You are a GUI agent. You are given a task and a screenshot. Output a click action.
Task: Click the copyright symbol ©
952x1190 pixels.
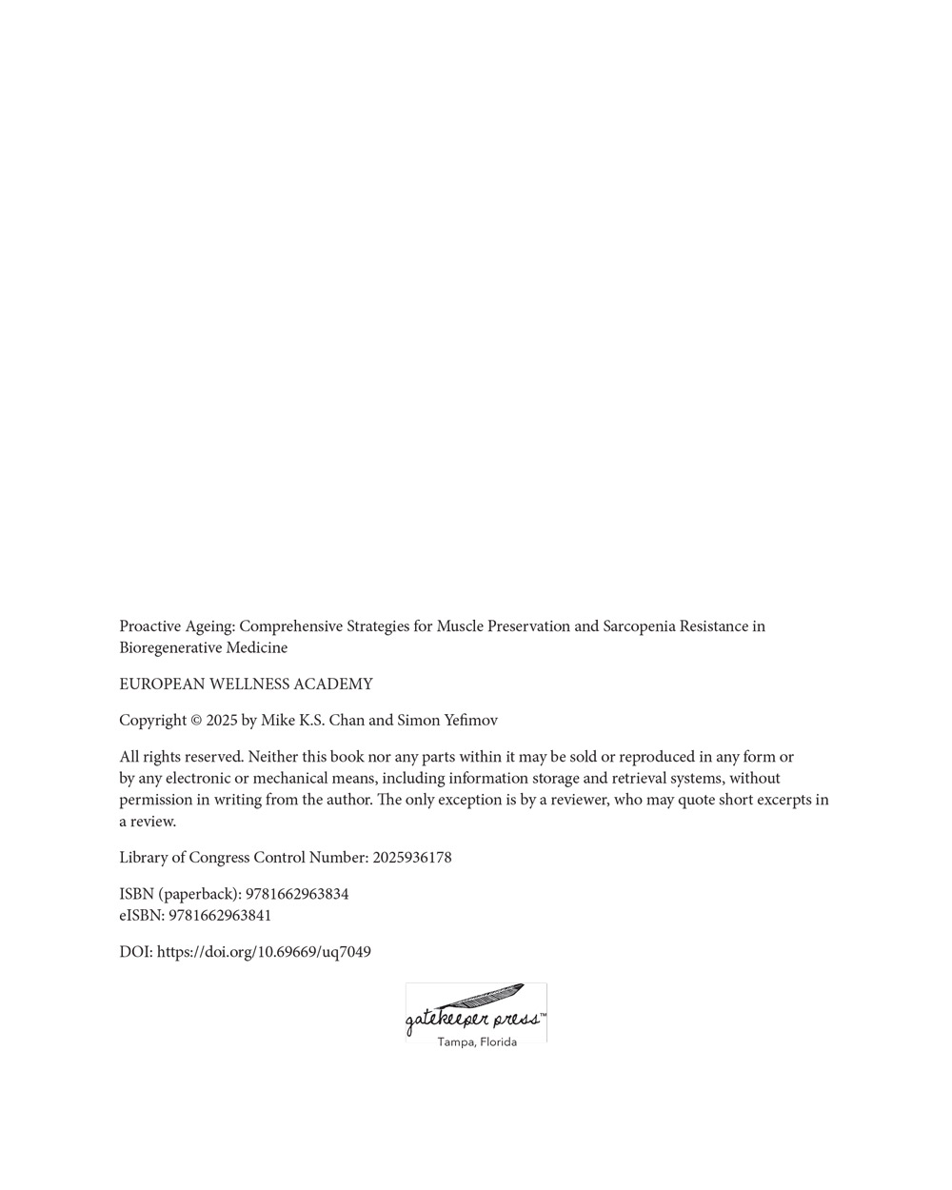[196, 721]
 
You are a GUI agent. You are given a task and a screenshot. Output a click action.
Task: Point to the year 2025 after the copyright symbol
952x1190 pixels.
[222, 721]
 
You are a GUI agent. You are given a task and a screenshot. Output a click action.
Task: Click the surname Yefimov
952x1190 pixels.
[470, 721]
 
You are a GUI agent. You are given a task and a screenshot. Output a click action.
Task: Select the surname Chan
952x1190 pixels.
[347, 721]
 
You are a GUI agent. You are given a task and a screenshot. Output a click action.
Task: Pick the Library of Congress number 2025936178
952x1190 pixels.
[411, 858]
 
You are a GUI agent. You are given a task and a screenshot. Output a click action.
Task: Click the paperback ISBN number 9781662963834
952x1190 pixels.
[297, 894]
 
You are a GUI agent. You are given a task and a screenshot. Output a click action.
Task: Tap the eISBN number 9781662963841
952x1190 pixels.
[220, 916]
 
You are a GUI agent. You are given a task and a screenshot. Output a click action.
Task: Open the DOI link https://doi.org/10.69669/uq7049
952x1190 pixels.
[264, 952]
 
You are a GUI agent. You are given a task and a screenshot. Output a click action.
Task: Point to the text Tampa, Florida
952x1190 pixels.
[477, 1041]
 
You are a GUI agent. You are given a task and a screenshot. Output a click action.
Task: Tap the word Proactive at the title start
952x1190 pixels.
[150, 626]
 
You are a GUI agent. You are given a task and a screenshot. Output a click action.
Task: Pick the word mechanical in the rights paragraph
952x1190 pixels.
[289, 779]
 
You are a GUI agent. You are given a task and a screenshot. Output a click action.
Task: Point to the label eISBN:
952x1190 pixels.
[142, 916]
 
